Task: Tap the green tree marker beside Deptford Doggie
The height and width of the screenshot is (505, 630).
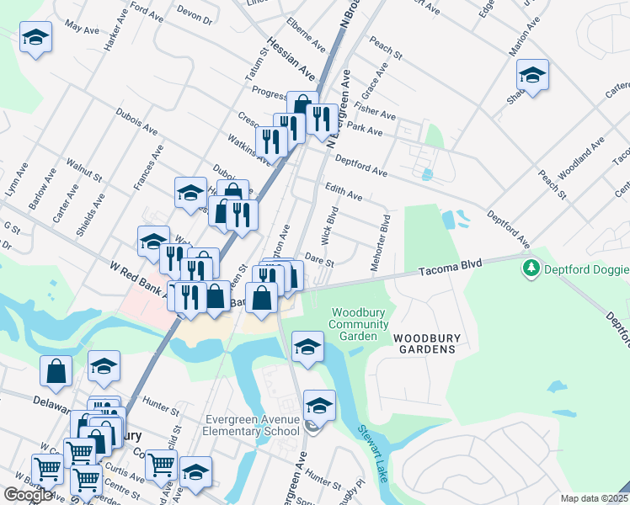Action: pos(531,268)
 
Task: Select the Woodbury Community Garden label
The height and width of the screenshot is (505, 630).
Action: pos(359,325)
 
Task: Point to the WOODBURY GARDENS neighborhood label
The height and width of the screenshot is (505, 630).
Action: pos(428,343)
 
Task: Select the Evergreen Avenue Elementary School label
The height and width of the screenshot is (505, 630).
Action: pos(251,426)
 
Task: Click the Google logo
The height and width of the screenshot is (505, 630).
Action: pos(28,495)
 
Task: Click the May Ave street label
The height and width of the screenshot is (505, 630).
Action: pos(82,29)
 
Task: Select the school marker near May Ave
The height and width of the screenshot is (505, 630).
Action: pos(35,36)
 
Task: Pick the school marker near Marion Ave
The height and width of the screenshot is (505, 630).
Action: pos(532,75)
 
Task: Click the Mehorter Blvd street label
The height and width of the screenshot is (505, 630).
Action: pos(379,243)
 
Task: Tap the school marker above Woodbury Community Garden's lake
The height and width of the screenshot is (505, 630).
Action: pos(307,346)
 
